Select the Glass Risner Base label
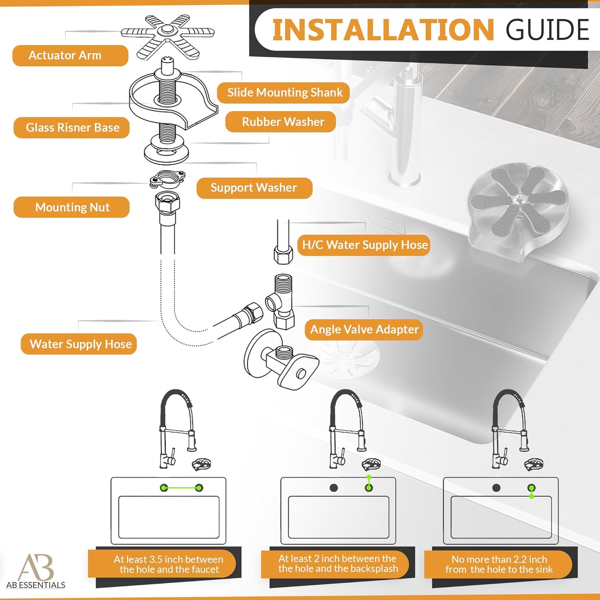click(x=72, y=128)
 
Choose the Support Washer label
click(x=254, y=188)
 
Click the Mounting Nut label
click(x=72, y=207)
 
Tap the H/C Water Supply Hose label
click(x=364, y=245)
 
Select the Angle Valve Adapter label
click(x=364, y=330)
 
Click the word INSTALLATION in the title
click(x=383, y=30)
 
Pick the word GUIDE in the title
click(x=547, y=30)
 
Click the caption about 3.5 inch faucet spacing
click(x=168, y=564)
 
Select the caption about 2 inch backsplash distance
click(x=338, y=564)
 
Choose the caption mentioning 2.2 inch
click(x=499, y=564)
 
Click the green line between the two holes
click(x=181, y=488)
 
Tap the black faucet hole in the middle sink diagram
click(x=334, y=488)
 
